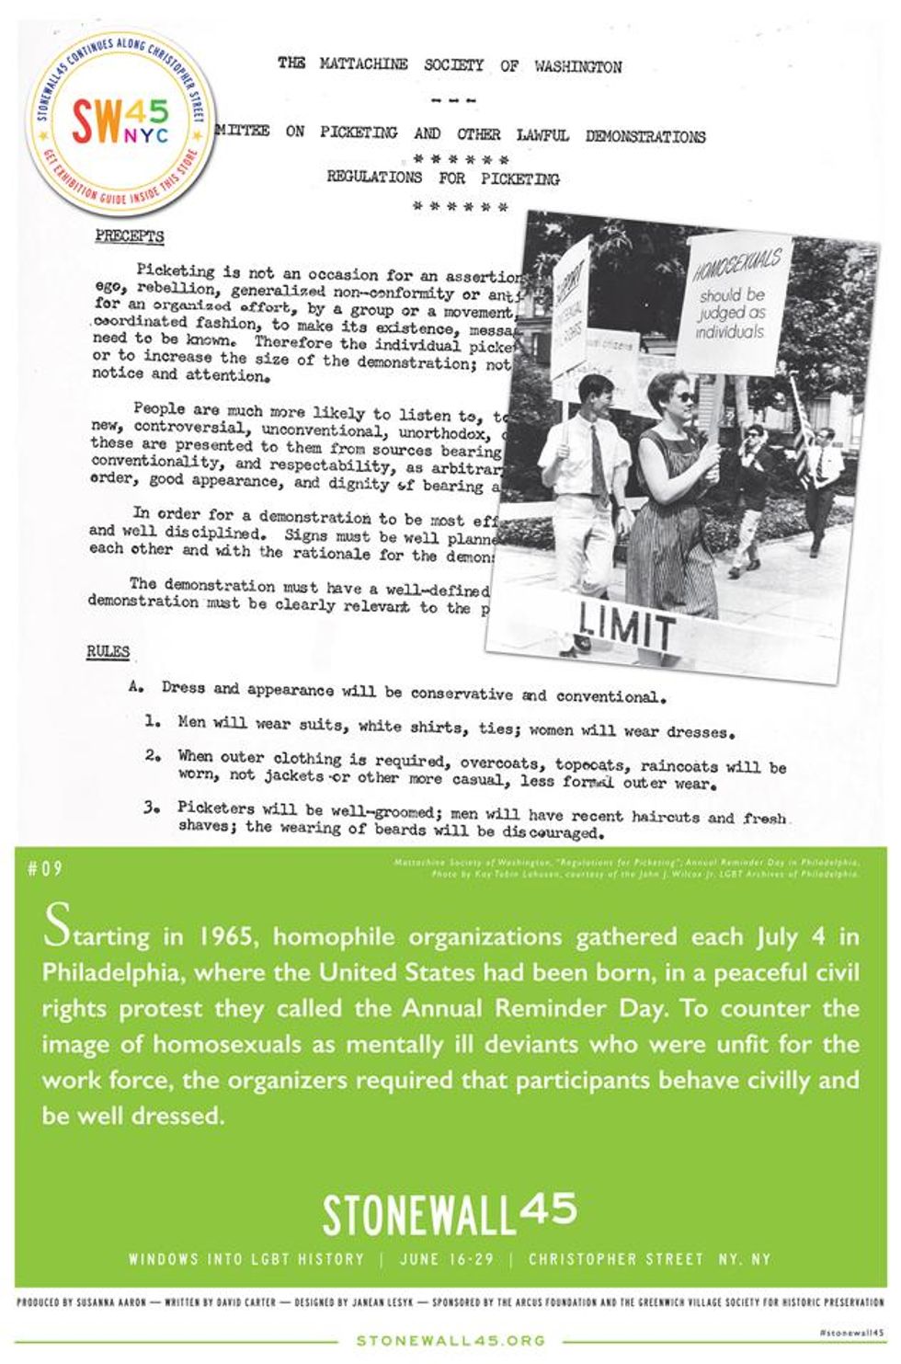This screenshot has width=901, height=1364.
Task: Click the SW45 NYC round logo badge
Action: point(120,120)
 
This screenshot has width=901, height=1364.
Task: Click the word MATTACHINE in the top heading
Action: point(363,64)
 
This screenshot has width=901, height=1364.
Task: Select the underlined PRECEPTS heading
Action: point(130,236)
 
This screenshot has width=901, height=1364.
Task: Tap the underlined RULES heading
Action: point(108,652)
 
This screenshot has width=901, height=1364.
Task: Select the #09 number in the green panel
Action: point(45,867)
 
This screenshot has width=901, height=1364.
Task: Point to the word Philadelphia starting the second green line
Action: point(115,973)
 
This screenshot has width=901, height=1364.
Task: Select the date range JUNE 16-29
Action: point(446,1259)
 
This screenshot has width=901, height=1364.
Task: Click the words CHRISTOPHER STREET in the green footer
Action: point(616,1259)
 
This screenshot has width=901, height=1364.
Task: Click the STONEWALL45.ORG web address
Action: point(450,1341)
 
